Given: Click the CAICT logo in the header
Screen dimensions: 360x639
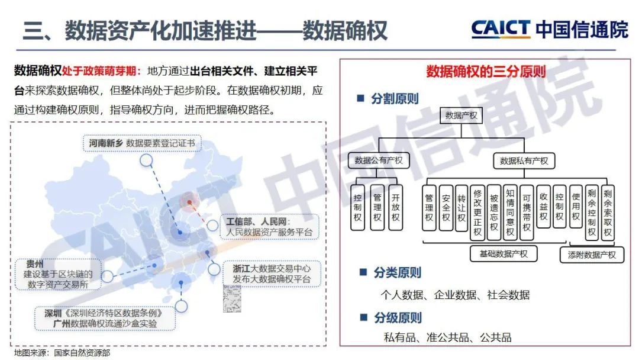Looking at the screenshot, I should pos(502,28).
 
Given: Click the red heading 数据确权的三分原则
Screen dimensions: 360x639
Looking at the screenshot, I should pos(486,72).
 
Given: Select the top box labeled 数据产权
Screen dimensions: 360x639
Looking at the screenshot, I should pos(461,115).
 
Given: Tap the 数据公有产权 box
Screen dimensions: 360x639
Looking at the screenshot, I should pos(379,160).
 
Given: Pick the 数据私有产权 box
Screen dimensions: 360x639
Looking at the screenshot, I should pos(524,160).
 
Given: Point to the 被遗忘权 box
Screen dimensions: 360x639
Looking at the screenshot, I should pos(494,212).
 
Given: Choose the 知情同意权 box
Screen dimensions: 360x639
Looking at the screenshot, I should pos(510,212).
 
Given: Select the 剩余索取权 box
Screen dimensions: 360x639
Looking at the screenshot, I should pos(607,212).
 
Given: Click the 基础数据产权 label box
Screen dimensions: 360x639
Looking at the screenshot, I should pos(503,254).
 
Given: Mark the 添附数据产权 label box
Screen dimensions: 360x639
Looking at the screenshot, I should pos(592,255).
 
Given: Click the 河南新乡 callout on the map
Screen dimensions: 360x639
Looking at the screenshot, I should pos(142,143).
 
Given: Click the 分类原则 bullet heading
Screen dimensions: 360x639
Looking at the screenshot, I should pos(397,272).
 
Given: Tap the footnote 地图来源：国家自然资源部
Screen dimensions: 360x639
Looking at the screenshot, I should pos(62,352).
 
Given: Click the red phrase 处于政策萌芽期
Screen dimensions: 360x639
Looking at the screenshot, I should pos(102,72).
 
